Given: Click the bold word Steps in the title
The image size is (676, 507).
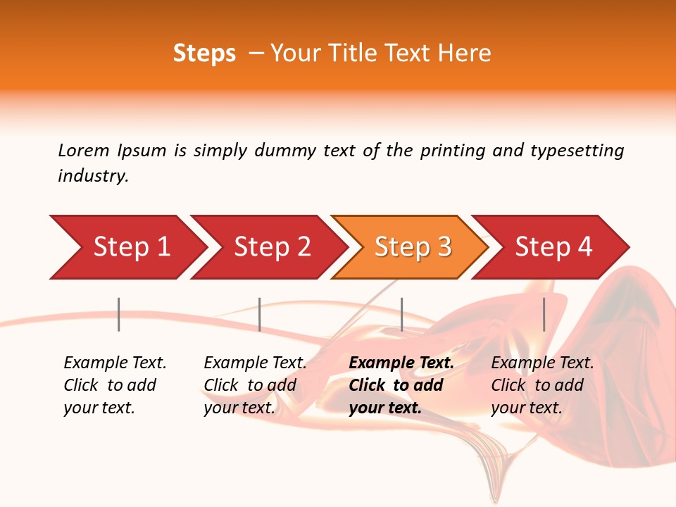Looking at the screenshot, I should tap(204, 54).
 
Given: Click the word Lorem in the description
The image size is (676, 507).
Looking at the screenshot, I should tap(84, 150).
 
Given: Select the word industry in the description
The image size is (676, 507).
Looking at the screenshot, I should tap(93, 176).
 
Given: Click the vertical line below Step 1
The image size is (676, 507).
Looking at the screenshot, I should tap(119, 314).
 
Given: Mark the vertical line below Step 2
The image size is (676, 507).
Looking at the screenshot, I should tap(260, 314).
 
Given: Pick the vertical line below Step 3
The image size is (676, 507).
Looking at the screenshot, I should tap(401, 314).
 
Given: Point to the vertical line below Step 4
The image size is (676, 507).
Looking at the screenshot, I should tap(544, 314).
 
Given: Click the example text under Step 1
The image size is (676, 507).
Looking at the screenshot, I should tap(115, 385).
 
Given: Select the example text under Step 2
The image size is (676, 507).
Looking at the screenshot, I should tap(255, 385).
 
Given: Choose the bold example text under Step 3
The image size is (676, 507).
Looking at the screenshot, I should tap(401, 385).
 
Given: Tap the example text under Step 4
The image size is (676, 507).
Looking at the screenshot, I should tap(542, 385).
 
